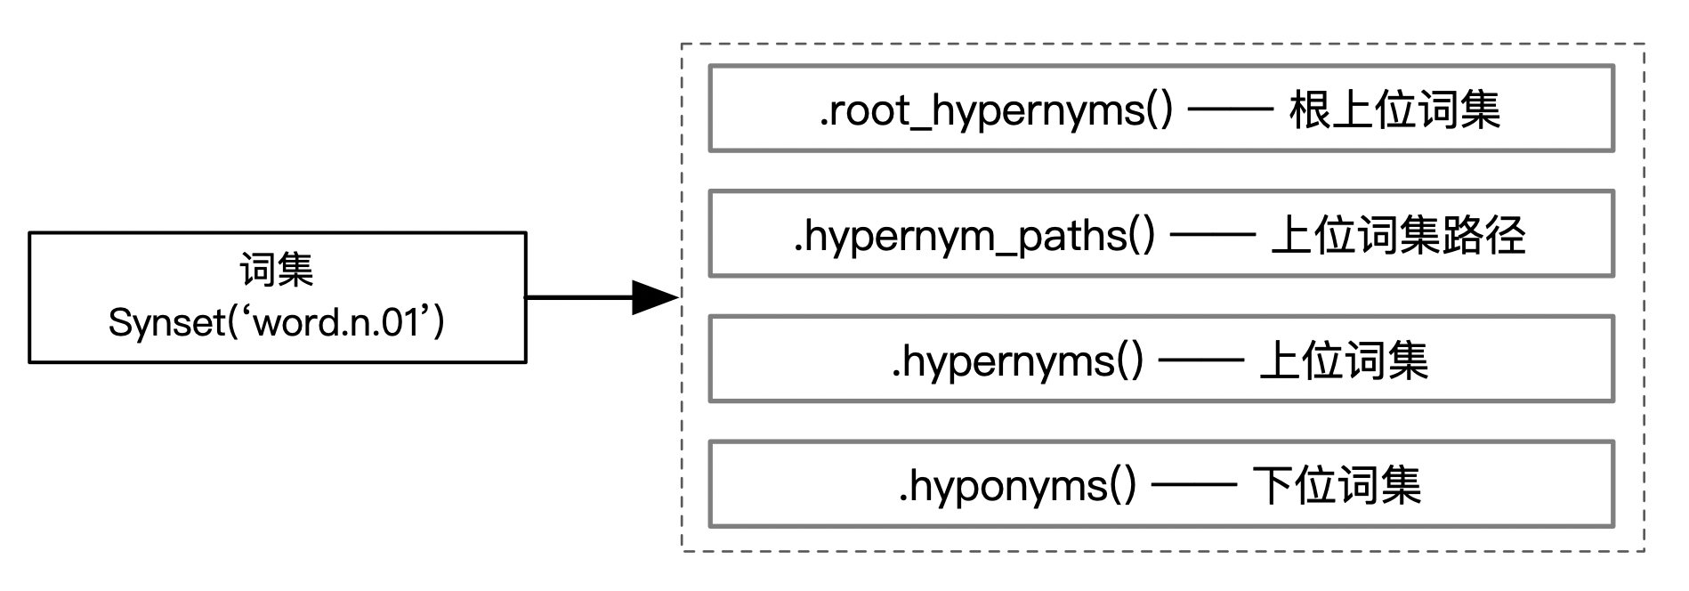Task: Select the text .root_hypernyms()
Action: (996, 110)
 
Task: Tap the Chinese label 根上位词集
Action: (1394, 110)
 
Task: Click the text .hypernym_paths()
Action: (974, 236)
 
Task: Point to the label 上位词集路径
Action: (1398, 236)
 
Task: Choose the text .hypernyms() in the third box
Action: (1016, 361)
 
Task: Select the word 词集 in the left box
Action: (277, 271)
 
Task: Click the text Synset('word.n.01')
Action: (277, 322)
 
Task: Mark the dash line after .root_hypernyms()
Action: (1231, 111)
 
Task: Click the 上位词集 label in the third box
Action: (1344, 361)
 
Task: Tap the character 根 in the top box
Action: (1310, 110)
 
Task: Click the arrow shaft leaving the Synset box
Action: (578, 297)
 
